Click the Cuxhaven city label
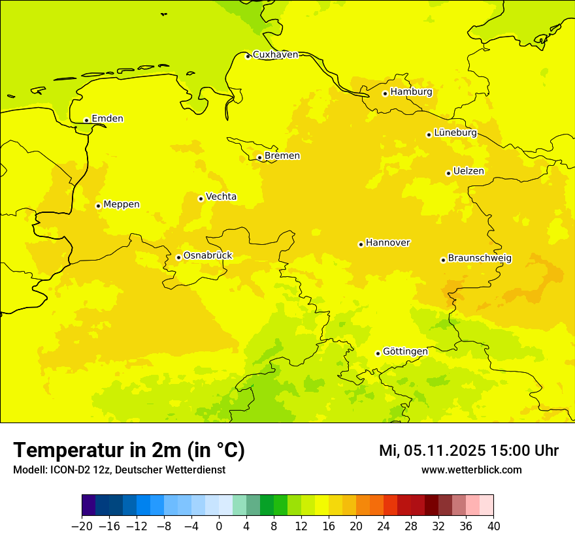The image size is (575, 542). point(275,55)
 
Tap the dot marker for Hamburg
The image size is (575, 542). point(385,93)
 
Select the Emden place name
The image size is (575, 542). point(107,119)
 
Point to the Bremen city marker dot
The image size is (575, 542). point(259,157)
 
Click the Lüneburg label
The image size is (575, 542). point(455,133)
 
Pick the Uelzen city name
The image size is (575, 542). point(468,171)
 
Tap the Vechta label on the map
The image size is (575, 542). point(221,197)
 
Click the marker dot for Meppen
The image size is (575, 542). point(98,206)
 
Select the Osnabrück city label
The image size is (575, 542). point(208,256)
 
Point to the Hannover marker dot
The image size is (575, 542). point(361,244)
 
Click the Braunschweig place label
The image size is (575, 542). point(480,259)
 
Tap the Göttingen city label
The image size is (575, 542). point(405,351)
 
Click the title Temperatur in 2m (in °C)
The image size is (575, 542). point(129,451)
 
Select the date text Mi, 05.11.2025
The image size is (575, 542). point(431,451)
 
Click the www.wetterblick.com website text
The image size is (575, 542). point(471,470)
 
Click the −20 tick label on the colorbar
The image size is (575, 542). point(82,526)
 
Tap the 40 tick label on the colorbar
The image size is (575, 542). point(493,526)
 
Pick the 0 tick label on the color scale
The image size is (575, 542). point(219,526)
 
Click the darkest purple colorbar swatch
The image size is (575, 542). point(88,505)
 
